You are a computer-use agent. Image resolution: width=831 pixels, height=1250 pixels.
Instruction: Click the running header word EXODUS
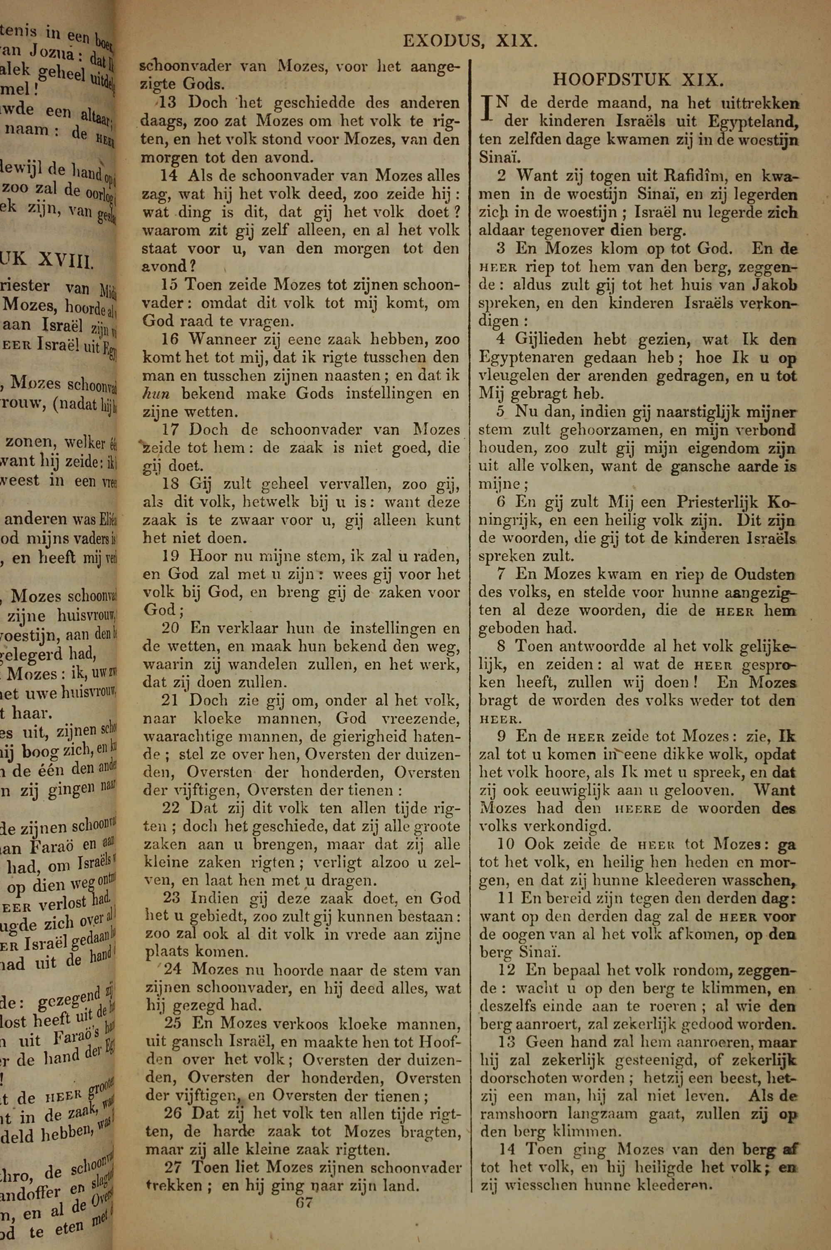442,41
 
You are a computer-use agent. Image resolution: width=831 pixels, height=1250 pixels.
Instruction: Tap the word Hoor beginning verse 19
208,557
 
